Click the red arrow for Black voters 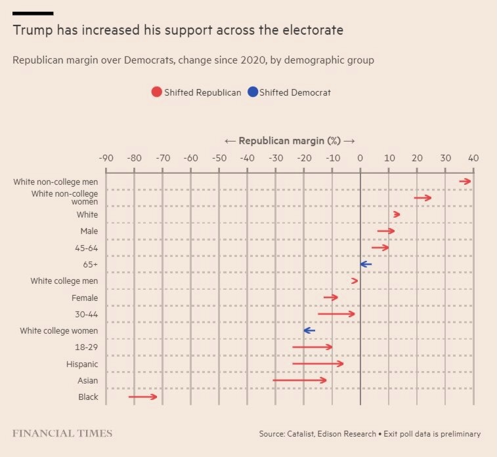coord(143,397)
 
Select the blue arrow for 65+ coord(366,264)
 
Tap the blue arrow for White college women coord(309,330)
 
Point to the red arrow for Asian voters coord(299,380)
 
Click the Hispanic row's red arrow coord(318,363)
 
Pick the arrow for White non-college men coord(465,182)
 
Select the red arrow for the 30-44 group coord(336,314)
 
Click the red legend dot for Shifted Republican coord(156,92)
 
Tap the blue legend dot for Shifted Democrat coord(252,92)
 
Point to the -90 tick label coord(105,158)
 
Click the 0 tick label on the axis coord(360,158)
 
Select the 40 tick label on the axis coord(473,158)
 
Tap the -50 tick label coord(219,158)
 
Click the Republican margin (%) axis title coord(290,141)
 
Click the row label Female coord(85,298)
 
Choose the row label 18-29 coord(86,347)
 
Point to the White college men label coord(64,281)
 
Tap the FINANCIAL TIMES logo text coord(62,433)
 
